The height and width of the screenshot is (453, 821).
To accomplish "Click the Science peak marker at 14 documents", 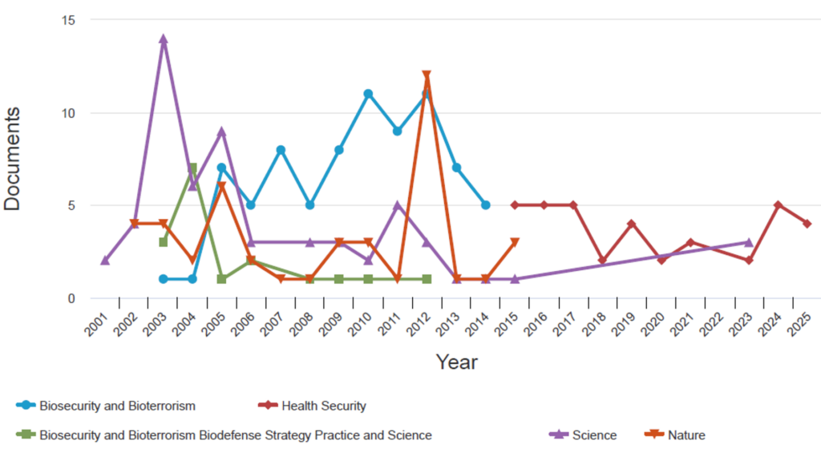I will (164, 38).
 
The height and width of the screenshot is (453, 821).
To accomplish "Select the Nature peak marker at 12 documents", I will (427, 75).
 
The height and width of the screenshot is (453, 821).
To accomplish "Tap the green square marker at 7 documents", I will (192, 168).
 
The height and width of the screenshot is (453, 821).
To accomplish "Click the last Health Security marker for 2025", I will (807, 224).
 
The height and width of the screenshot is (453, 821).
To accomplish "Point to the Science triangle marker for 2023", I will (748, 242).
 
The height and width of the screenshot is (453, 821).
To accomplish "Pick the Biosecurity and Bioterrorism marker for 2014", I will (485, 205).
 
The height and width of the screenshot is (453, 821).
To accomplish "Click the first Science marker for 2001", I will (105, 261).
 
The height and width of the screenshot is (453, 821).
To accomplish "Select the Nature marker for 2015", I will (515, 242).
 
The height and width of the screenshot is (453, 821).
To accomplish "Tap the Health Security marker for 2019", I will (632, 224).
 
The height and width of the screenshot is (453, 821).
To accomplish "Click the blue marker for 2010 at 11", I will (368, 94).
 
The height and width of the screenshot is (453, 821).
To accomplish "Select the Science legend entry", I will (593, 435).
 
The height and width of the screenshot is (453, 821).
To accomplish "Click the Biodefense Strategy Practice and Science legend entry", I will (235, 435).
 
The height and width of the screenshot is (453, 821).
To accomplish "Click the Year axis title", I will (456, 362).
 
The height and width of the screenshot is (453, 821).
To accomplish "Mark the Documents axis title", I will (13, 159).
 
